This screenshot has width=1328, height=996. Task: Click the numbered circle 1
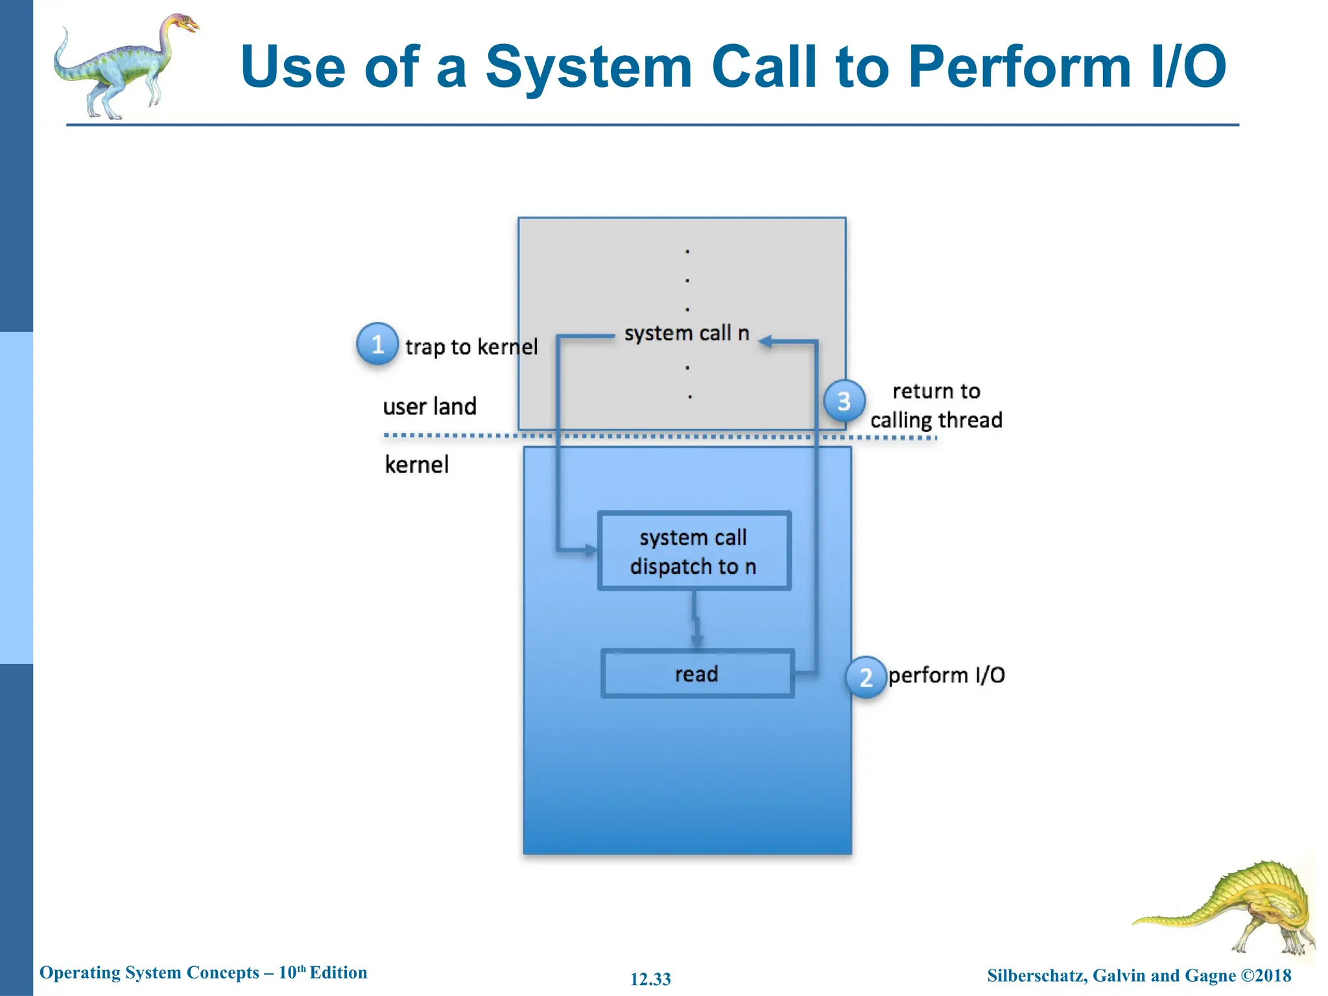point(377,344)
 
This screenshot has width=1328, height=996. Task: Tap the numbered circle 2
point(866,677)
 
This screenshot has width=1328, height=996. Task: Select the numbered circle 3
point(844,401)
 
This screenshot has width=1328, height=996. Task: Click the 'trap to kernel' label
point(471,347)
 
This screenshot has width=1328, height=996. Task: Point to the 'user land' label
point(429,407)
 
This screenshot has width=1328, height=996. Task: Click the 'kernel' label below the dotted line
point(416,465)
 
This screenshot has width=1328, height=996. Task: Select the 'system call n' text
point(686,333)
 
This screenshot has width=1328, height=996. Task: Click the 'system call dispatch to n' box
point(694,551)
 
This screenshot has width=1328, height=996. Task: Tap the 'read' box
point(697,674)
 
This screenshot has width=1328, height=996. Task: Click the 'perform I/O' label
point(946,676)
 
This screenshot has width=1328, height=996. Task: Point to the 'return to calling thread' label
point(936,406)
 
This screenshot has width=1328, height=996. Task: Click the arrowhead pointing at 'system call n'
point(766,342)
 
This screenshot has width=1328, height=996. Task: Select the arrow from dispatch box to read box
point(696,619)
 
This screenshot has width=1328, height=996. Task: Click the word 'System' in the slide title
point(589,67)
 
